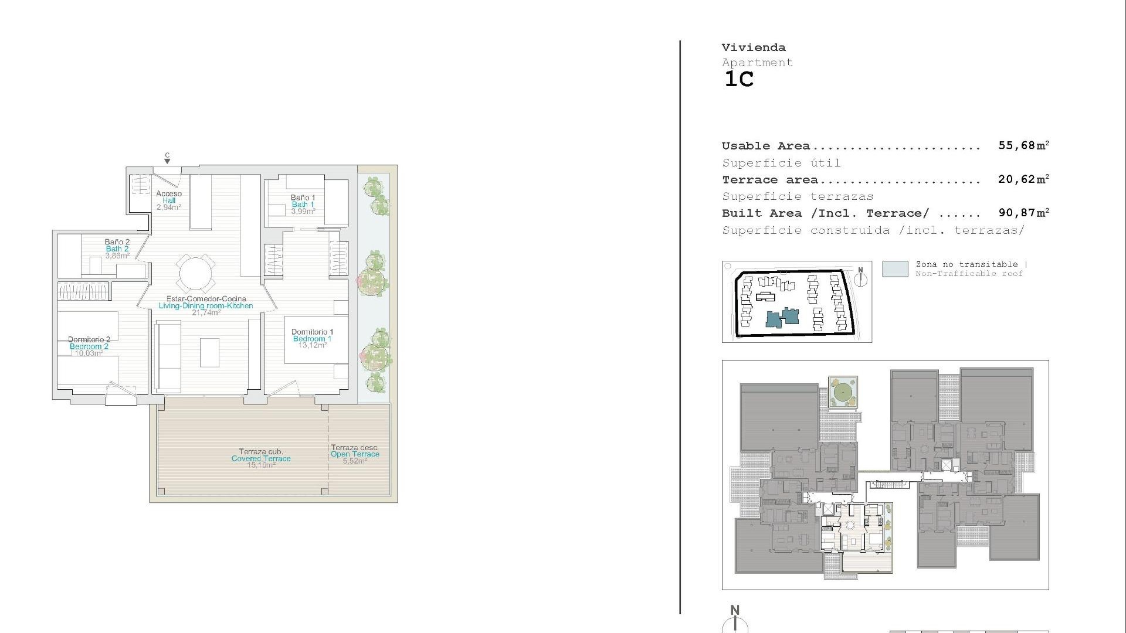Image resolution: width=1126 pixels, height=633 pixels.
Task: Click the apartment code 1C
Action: coord(739,79)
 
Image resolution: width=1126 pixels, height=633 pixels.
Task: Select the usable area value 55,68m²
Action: coord(1023,145)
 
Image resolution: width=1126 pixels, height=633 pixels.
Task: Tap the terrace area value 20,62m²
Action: coord(1023,179)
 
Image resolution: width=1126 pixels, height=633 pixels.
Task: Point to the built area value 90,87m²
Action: coord(1023,213)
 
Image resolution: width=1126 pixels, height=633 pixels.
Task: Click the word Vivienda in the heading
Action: coord(754,47)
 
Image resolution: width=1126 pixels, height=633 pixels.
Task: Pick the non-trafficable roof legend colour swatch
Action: coord(895,269)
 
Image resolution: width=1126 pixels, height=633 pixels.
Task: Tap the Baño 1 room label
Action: coord(303,198)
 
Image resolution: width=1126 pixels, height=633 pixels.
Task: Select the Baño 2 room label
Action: coord(117,241)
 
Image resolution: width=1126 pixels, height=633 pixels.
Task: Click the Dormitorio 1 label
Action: coord(312,332)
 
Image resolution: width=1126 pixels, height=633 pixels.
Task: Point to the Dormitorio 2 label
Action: coord(89,339)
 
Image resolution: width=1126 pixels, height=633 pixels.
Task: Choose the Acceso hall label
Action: coord(169,193)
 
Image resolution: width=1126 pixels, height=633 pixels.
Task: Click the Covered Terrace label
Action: coord(261,458)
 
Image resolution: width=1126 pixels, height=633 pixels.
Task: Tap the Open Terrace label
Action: coord(355,454)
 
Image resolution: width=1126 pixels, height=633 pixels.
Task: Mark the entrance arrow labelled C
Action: coord(167,159)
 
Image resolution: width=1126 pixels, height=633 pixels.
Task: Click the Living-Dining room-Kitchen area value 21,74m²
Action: coord(206,313)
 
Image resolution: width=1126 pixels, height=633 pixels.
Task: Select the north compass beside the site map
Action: coord(860,278)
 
